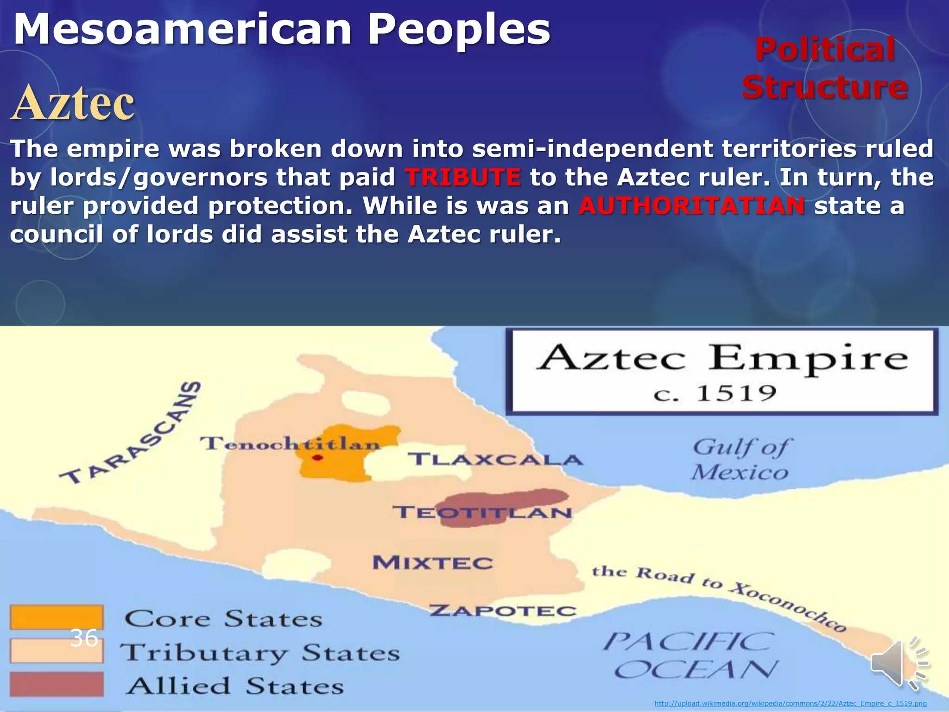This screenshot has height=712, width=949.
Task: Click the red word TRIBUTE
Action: (x=462, y=178)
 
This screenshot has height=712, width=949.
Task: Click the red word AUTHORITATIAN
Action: (x=691, y=206)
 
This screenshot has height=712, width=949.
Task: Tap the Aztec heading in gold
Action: (x=73, y=102)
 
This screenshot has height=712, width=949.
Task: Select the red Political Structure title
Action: (x=825, y=69)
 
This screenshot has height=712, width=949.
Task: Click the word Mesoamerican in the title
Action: (x=183, y=30)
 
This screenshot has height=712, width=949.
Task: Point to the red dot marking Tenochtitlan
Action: (x=317, y=458)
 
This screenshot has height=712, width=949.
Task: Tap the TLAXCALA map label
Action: (x=495, y=459)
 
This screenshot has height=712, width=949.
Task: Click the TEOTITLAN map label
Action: (x=482, y=512)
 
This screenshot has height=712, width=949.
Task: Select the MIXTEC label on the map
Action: (x=433, y=563)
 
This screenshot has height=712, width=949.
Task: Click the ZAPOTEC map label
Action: (x=502, y=610)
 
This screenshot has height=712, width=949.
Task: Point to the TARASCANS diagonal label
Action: (x=132, y=433)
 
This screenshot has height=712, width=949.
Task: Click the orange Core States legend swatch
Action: (x=56, y=617)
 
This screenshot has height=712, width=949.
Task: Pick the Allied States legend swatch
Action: (x=56, y=684)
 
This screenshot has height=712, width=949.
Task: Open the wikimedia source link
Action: (x=790, y=704)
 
